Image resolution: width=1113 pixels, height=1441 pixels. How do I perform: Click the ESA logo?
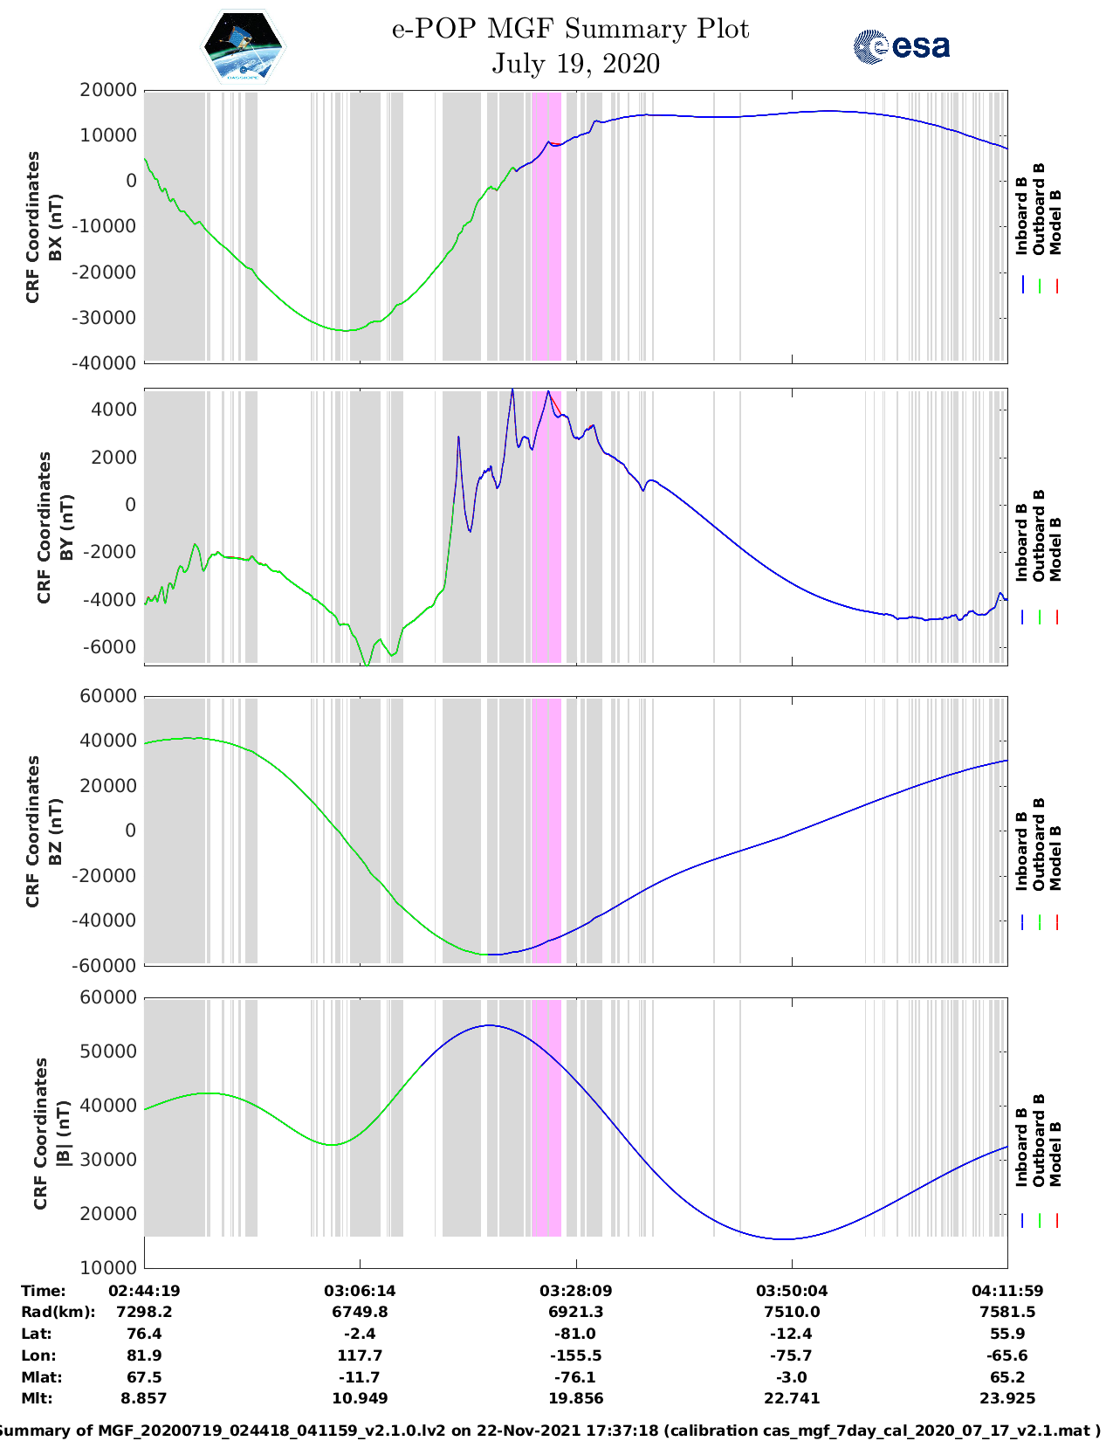(x=901, y=46)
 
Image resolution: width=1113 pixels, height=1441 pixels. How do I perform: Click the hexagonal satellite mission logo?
(x=244, y=46)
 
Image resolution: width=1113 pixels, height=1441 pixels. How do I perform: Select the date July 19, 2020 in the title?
(x=575, y=64)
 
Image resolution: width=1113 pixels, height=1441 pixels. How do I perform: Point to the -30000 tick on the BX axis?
(x=107, y=318)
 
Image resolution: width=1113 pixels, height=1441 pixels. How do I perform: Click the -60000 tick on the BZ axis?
(x=107, y=966)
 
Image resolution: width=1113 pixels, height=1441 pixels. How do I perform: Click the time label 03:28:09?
(x=575, y=1291)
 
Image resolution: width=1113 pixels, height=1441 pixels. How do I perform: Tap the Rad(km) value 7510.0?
(x=792, y=1312)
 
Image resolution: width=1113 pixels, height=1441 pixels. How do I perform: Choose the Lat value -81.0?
(x=575, y=1334)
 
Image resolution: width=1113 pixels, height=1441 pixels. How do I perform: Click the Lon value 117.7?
(x=360, y=1355)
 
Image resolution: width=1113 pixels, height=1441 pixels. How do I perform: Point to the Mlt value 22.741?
(x=792, y=1398)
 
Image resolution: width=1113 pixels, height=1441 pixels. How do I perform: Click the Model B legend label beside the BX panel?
(x=1055, y=222)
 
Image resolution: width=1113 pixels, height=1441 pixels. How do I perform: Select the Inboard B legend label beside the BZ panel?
(x=1022, y=851)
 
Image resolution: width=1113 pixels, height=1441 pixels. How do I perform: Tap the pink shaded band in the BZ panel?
(x=546, y=830)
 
